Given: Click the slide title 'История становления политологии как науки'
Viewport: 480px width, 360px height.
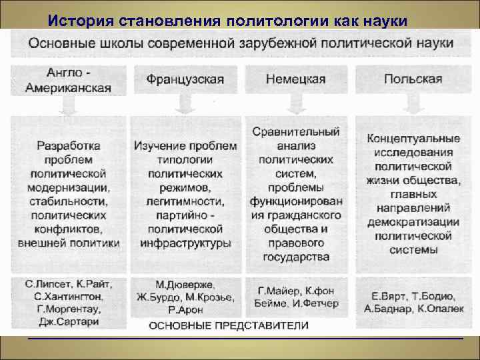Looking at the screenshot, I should [x=227, y=19].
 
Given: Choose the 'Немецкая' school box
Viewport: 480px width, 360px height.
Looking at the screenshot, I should [x=295, y=79].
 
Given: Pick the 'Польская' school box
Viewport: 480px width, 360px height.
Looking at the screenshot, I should [x=413, y=79].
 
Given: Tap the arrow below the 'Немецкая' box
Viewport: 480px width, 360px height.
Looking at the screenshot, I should [x=296, y=104].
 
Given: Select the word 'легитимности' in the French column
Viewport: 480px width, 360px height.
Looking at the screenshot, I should [x=185, y=201].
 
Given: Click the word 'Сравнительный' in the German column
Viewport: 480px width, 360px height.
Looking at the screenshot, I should [x=296, y=132].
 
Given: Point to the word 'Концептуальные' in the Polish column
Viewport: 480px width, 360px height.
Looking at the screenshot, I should [x=413, y=139].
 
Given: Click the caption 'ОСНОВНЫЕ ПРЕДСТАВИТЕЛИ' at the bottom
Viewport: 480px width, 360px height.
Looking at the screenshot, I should [x=228, y=327].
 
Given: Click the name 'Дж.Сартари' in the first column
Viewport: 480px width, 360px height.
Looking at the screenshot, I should [x=69, y=321].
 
